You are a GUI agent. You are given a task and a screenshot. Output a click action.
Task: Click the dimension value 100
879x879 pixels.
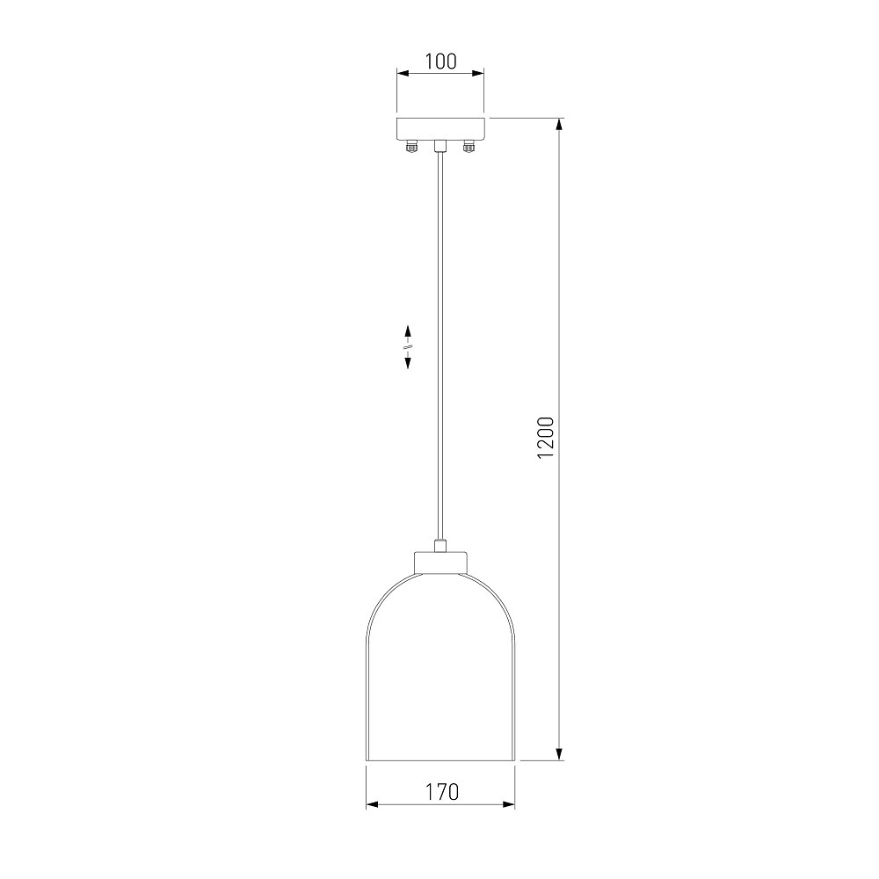coord(440,62)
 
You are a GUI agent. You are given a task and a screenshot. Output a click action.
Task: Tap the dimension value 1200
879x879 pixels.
coord(546,438)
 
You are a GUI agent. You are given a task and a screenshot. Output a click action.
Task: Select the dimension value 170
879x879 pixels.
coord(441,792)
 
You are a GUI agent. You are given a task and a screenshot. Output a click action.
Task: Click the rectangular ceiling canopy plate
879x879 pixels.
coord(440,129)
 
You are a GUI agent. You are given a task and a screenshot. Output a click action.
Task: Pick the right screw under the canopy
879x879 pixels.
coord(469,147)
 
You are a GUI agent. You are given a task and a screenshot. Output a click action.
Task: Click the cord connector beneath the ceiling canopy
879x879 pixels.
coord(440,146)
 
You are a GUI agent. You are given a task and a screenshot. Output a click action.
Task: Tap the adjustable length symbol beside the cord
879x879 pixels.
coord(408,346)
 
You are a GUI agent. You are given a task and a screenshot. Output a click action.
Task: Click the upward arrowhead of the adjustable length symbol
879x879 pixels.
coord(408,331)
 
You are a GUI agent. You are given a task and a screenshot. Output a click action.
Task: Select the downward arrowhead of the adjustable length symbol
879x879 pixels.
coord(408,363)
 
